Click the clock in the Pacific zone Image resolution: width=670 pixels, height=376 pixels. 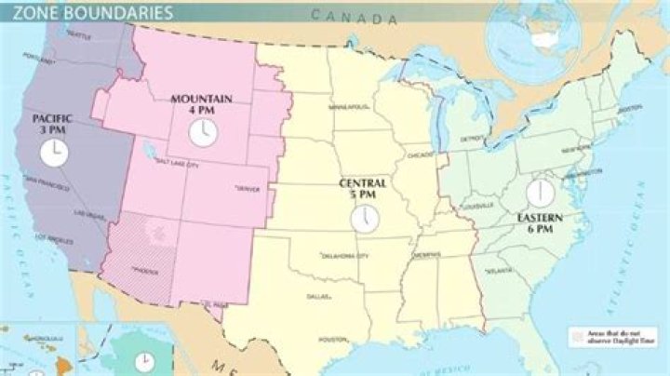coord(54,152)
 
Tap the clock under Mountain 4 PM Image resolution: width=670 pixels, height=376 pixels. coord(201,132)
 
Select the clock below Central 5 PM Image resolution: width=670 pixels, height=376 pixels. coord(364,217)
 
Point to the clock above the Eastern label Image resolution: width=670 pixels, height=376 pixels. coord(539,194)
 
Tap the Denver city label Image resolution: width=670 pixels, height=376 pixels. coord(250,188)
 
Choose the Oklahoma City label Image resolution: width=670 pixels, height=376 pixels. coord(344,254)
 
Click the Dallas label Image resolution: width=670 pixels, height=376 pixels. coord(317,297)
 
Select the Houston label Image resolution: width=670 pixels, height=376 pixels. coord(332,340)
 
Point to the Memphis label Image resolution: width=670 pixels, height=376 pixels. coord(428,253)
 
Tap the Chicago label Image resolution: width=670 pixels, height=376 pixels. coord(420,154)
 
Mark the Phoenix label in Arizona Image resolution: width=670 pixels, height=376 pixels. coord(145,271)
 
